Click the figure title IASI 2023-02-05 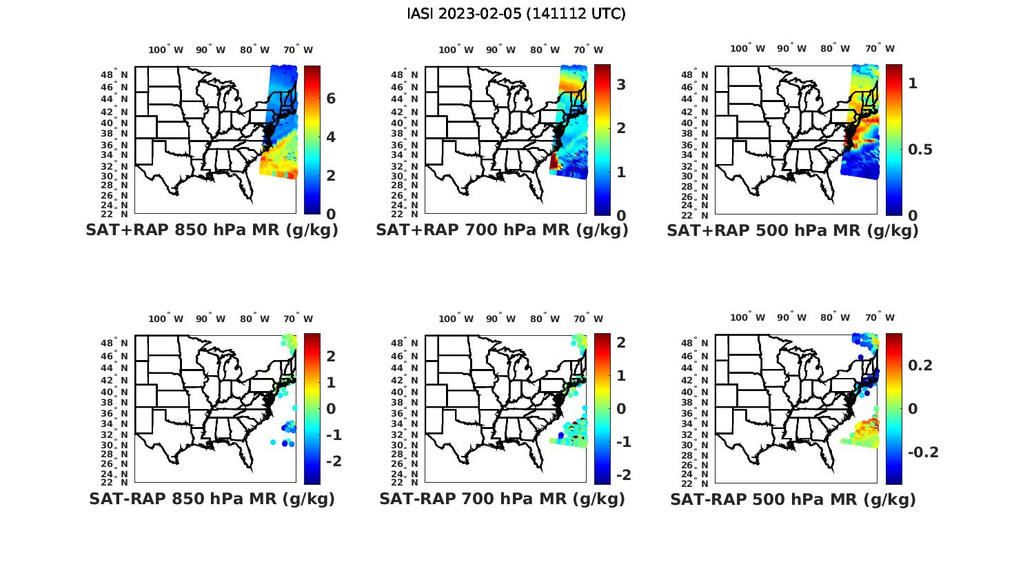pyautogui.click(x=516, y=14)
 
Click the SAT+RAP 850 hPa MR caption pyautogui.click(x=212, y=230)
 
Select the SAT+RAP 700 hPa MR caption pyautogui.click(x=502, y=230)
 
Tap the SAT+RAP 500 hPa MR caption pyautogui.click(x=793, y=230)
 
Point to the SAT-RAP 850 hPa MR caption pyautogui.click(x=212, y=499)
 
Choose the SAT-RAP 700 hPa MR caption pyautogui.click(x=502, y=499)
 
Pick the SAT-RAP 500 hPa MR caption pyautogui.click(x=793, y=499)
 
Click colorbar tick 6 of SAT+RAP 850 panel pyautogui.click(x=331, y=99)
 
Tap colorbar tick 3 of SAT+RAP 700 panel pyautogui.click(x=620, y=84)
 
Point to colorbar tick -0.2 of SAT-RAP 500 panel pyautogui.click(x=923, y=452)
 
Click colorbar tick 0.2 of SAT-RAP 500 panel pyautogui.click(x=920, y=365)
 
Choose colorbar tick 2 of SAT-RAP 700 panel pyautogui.click(x=620, y=342)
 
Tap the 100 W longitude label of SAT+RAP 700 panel pyautogui.click(x=456, y=50)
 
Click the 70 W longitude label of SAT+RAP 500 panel pyautogui.click(x=880, y=48)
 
